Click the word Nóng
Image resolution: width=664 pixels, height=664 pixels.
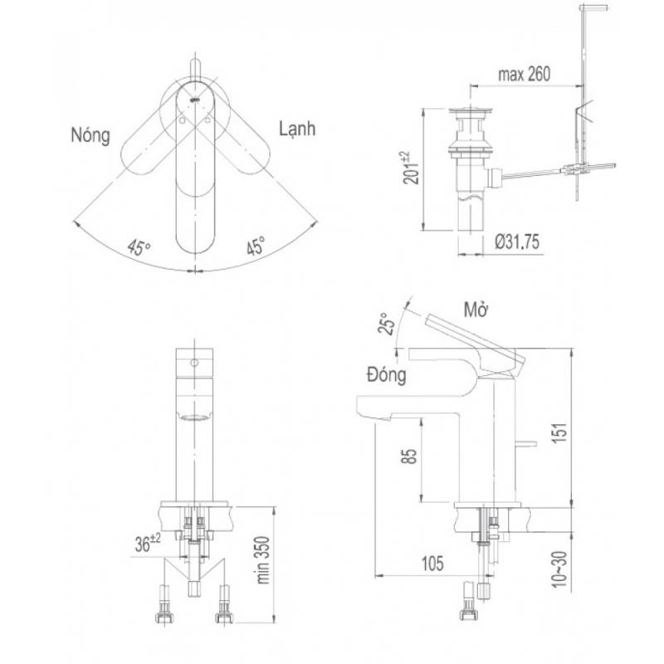(x=90, y=135)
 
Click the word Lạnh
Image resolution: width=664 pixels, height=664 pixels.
(x=297, y=129)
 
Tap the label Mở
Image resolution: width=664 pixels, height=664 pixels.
(x=476, y=310)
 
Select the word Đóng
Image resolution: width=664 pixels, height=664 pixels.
(x=386, y=374)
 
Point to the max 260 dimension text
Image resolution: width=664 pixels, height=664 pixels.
(x=525, y=74)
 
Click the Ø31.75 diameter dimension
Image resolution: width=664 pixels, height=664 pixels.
(x=517, y=242)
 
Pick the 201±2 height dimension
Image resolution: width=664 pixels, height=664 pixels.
(x=410, y=168)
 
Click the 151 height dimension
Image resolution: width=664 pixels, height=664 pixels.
(x=559, y=432)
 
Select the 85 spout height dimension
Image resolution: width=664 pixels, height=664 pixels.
(x=409, y=456)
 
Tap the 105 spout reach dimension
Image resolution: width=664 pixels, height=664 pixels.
(x=432, y=564)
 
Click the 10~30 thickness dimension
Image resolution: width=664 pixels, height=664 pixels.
(x=559, y=569)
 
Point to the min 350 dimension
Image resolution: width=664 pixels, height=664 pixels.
(x=263, y=559)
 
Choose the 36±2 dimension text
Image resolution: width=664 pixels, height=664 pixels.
(x=148, y=543)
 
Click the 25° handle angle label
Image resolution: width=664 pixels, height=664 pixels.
(x=386, y=324)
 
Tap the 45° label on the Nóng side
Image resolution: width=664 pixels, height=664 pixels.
(x=139, y=247)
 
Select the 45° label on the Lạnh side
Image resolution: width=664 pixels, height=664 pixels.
(x=256, y=246)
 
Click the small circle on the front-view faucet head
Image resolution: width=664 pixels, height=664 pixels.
(x=194, y=363)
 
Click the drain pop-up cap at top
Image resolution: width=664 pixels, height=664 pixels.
(x=471, y=111)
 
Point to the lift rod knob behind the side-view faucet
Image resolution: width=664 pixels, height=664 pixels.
(x=526, y=444)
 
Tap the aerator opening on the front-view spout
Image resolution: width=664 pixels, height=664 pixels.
(x=194, y=418)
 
